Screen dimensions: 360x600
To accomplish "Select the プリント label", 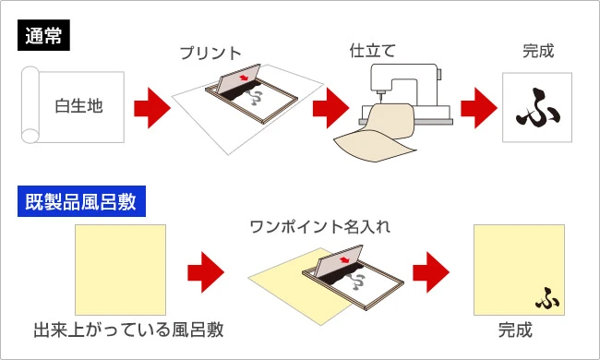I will pos(210,54).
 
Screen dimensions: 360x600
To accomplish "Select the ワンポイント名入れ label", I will pos(314,225).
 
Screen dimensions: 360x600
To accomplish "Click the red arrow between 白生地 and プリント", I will pos(152,109).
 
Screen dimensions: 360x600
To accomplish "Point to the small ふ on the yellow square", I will pos(546,298).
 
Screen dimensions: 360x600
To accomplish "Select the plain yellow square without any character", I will pos(121,269).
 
